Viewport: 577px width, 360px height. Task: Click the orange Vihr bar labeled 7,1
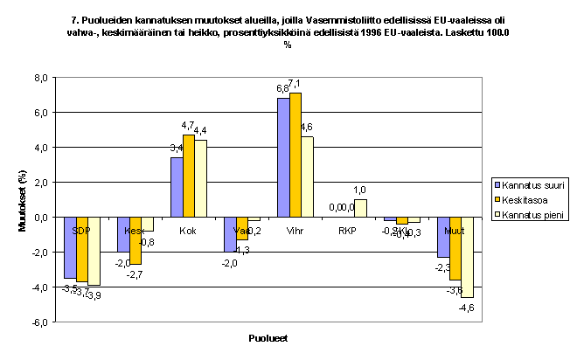pos(295,155)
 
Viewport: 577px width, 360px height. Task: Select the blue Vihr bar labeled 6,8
pos(283,157)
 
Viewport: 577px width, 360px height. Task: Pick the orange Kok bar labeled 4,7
pos(189,176)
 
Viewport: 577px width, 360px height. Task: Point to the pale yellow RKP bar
pos(361,208)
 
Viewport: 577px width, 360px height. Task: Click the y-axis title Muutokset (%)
pos(23,200)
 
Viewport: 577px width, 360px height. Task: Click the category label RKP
pos(348,231)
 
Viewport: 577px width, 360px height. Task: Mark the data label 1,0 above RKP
pos(359,190)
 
